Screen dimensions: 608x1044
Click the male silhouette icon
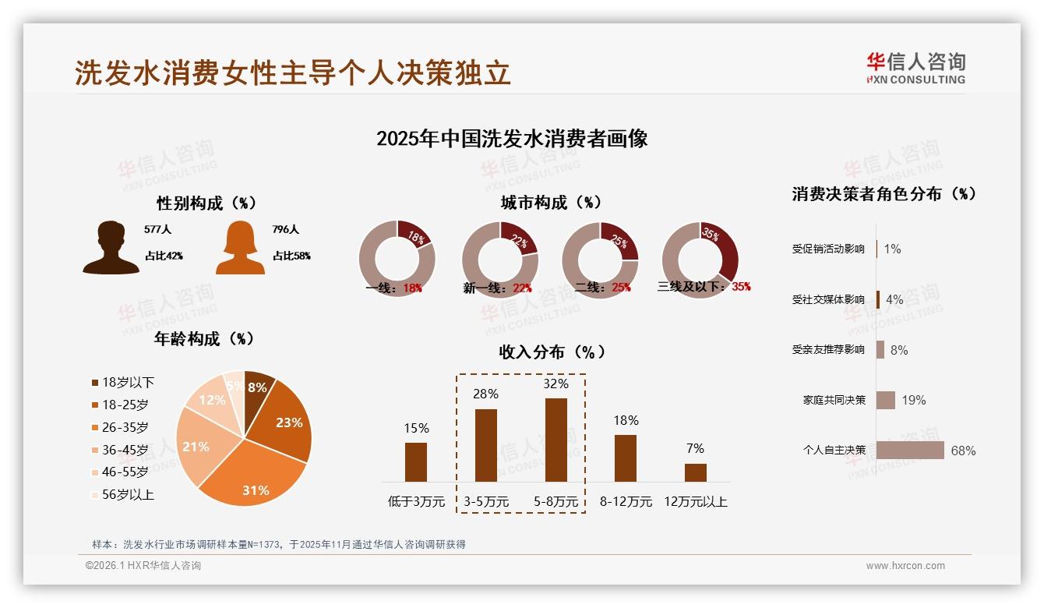coord(111,247)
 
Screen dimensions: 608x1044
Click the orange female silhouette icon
coord(240,247)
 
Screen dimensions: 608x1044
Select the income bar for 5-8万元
coord(556,440)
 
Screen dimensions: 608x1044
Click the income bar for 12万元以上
coord(695,472)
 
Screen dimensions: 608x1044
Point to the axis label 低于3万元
coord(416,502)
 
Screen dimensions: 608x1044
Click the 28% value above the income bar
coord(485,394)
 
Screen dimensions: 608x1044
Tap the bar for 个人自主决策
coord(910,451)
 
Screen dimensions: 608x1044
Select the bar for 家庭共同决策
coord(886,400)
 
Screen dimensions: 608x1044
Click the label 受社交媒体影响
coord(828,299)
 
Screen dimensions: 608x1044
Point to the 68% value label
coord(963,451)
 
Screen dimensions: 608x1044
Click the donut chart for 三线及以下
coord(700,260)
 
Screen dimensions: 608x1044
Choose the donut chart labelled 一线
coord(397,260)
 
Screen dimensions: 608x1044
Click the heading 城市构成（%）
coord(551,203)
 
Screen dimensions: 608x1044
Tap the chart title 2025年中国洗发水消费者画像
coord(512,139)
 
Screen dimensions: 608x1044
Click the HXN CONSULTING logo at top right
coord(915,69)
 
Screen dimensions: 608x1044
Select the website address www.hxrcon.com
coord(905,566)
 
